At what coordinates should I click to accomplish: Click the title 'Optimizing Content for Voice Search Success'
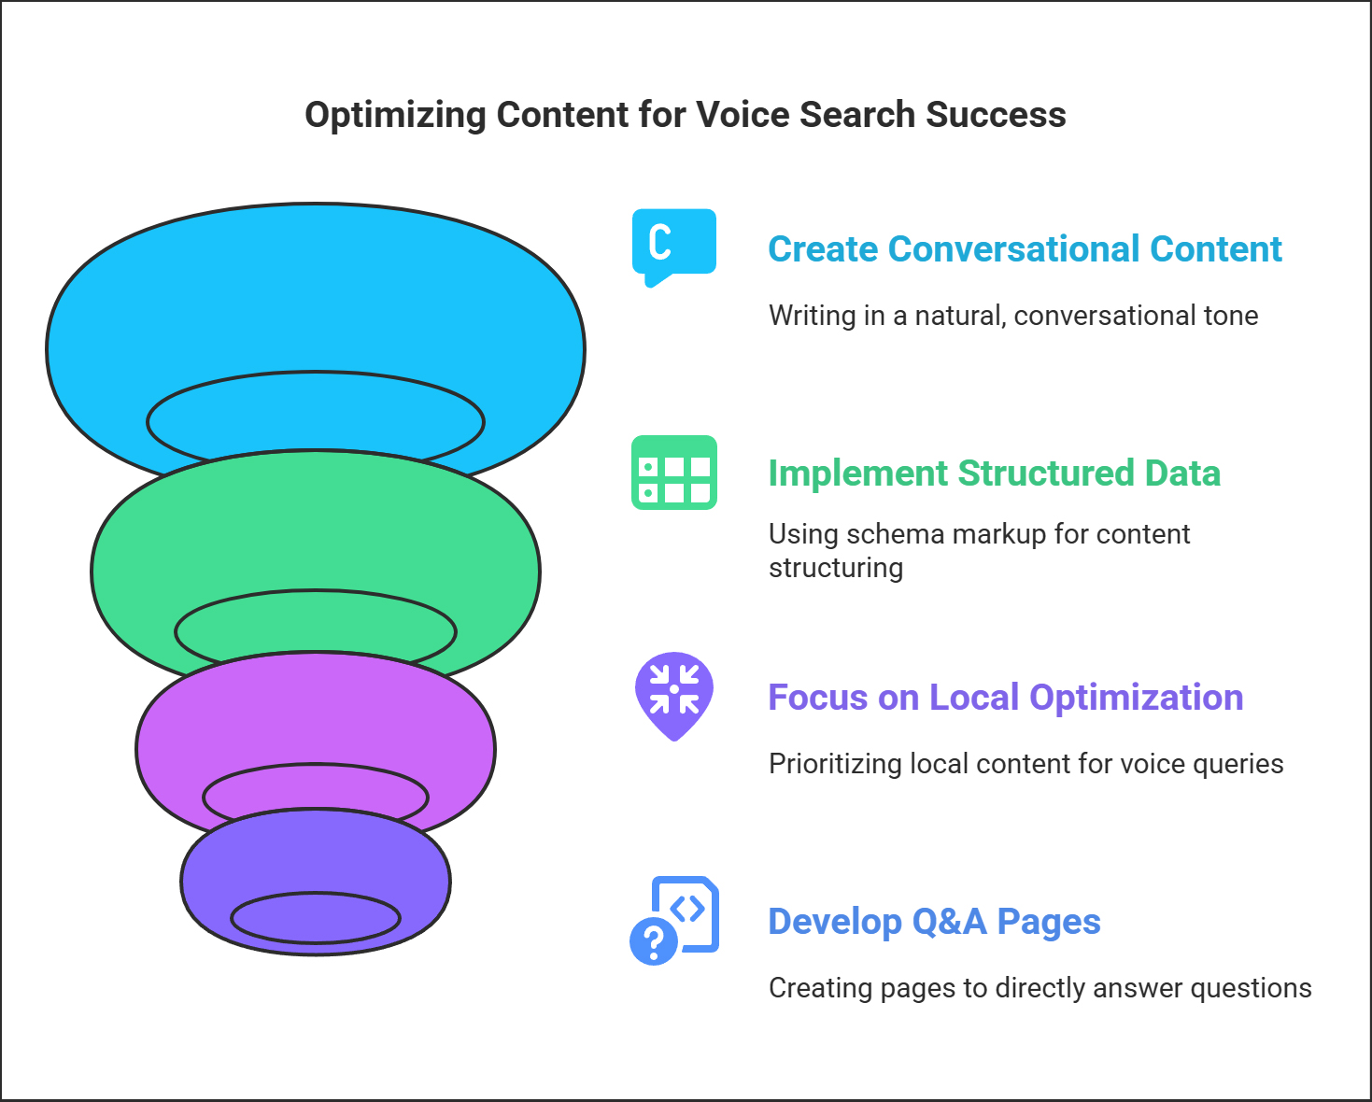[686, 115]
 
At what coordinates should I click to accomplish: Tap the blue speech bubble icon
[674, 247]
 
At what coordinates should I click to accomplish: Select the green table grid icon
[674, 473]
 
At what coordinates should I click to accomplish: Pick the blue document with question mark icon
[674, 920]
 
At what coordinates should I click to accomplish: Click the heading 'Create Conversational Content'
[1025, 248]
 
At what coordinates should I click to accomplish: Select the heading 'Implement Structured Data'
[994, 473]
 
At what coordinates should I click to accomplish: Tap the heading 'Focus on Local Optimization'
[1005, 697]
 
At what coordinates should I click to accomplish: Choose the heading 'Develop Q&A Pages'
[934, 922]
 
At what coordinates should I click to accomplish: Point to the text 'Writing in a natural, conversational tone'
[1013, 316]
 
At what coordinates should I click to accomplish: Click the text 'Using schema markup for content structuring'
[979, 550]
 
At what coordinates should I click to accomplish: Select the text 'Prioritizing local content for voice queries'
[1025, 764]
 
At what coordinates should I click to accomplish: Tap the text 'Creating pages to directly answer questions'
[1040, 988]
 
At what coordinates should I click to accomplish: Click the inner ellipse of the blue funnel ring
[316, 372]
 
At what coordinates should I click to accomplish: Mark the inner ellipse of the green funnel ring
[316, 590]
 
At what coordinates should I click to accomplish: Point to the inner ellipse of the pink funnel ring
[316, 764]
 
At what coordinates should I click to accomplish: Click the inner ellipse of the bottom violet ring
[316, 894]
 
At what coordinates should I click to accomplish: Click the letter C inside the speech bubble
[660, 242]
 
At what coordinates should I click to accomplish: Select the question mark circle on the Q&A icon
[654, 941]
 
